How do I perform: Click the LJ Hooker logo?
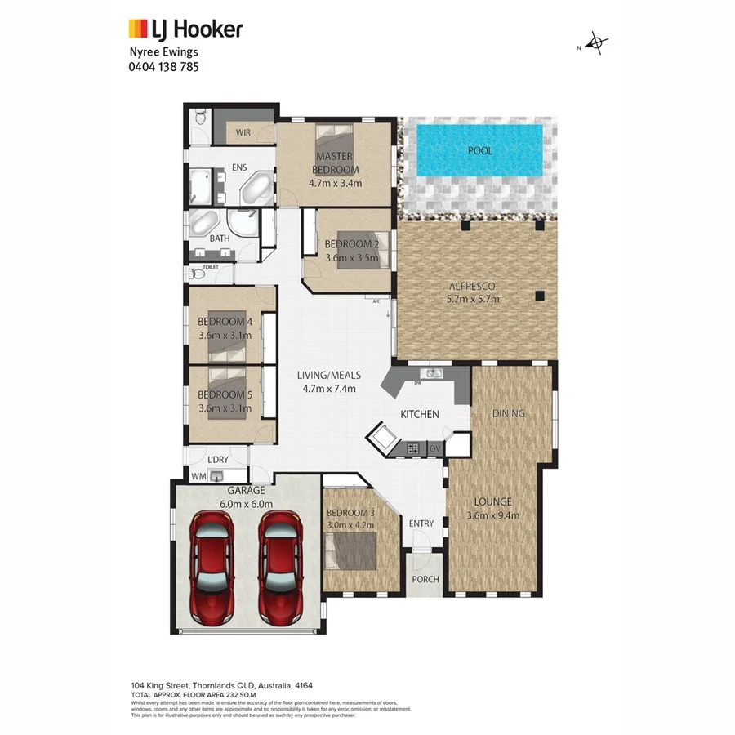185,30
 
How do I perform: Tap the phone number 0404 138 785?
163,67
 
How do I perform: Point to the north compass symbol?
597,44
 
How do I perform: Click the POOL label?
479,151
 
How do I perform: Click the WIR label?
243,132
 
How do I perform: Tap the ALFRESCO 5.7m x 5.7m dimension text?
474,299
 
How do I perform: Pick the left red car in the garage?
212,567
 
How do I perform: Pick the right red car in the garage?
281,567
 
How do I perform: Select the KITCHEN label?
420,414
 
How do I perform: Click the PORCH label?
425,580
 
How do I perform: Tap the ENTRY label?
421,523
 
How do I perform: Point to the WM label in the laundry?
197,475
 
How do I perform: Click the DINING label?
508,414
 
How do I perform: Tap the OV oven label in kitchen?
434,448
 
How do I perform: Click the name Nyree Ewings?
163,52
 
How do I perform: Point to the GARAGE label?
246,491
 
